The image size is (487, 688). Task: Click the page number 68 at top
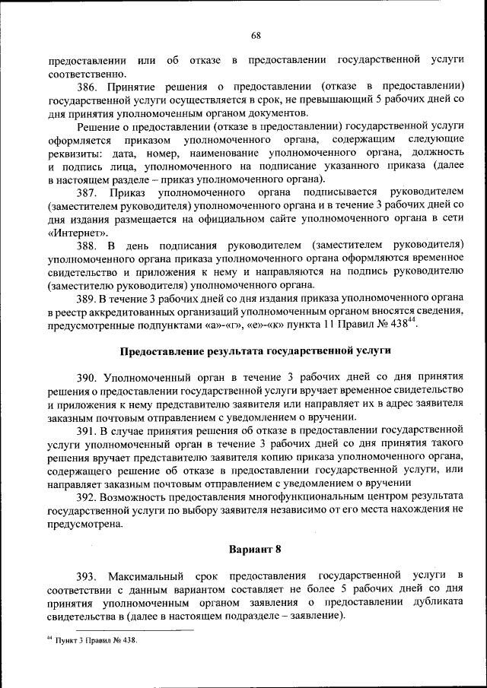click(255, 36)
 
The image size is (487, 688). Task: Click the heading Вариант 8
click(255, 548)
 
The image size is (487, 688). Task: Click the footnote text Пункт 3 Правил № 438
click(96, 640)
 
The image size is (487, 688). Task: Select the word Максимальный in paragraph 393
click(143, 575)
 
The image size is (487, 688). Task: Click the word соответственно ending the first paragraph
click(83, 74)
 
